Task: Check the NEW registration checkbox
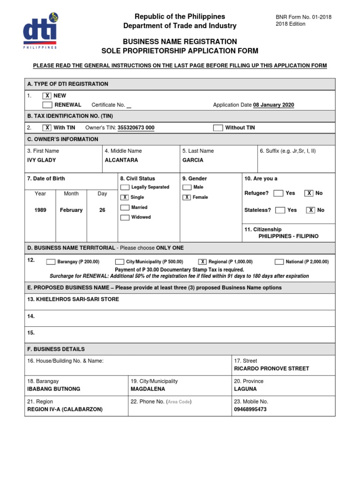click(47, 96)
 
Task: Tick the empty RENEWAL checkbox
click(47, 105)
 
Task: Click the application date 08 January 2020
click(273, 105)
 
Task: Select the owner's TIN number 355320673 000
click(135, 127)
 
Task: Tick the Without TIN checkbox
click(217, 127)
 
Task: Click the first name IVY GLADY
click(42, 160)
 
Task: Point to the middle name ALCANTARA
click(121, 160)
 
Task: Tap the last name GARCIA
click(193, 160)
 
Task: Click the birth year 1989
click(40, 210)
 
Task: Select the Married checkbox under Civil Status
click(125, 207)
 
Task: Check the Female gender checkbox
click(187, 197)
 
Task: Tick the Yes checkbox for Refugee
click(278, 193)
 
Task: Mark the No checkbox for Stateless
click(310, 210)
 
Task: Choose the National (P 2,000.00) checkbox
click(279, 262)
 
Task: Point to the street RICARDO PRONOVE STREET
click(271, 368)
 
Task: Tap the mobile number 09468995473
click(250, 409)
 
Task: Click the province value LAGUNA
click(245, 389)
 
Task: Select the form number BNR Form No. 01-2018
click(303, 17)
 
